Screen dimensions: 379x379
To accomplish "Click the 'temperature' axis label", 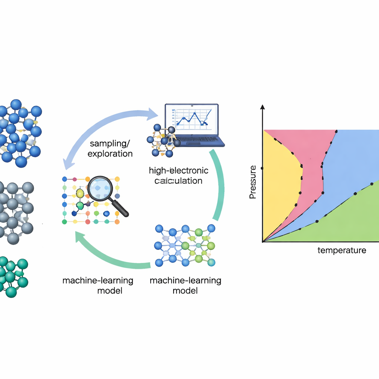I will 342,250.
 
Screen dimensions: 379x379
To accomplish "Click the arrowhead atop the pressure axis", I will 262,107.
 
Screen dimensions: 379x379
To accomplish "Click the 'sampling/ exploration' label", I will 110,148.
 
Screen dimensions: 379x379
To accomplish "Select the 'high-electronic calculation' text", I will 178,175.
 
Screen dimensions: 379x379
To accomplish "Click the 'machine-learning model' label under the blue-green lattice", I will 185,285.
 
